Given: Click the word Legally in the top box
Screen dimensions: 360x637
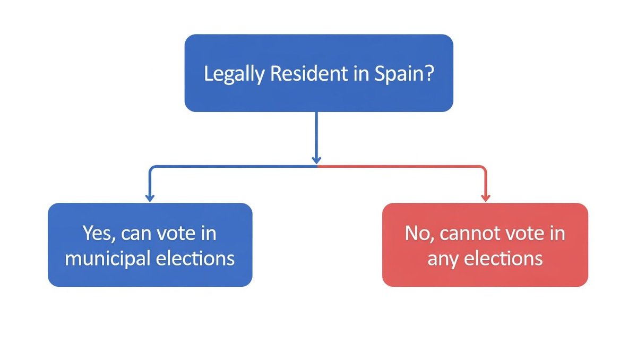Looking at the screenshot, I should (x=234, y=74).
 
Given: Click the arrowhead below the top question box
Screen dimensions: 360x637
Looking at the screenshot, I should (x=317, y=159).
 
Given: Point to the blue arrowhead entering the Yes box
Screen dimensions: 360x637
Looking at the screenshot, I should (x=150, y=198).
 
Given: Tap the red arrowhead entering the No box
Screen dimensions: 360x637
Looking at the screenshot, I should (x=485, y=198).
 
